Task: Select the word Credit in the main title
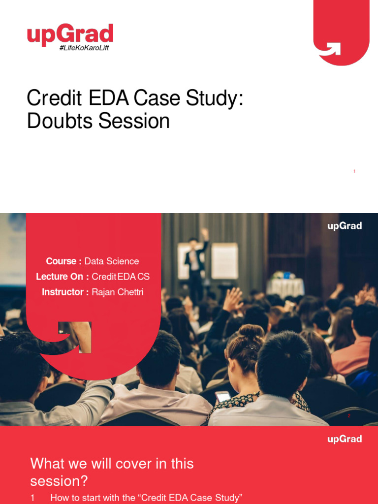point(54,98)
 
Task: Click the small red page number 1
point(354,171)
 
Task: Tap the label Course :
point(64,261)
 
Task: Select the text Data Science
point(112,261)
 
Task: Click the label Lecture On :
point(63,277)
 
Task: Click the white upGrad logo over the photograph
point(345,226)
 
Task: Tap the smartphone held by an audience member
point(223,396)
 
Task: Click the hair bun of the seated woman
point(251,331)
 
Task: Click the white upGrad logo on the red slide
point(345,439)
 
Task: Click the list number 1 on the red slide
point(33,498)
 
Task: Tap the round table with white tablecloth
point(285,286)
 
